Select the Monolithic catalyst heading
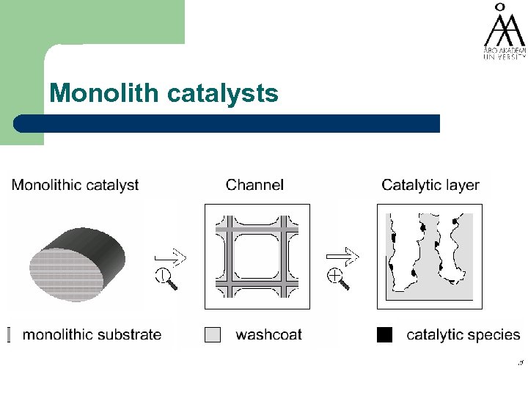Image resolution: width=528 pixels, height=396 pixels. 75,185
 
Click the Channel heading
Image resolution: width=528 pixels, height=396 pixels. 254,185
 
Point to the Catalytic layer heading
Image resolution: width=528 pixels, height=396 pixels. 430,185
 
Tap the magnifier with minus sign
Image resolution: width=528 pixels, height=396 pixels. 164,278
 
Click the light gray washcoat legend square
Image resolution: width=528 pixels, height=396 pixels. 212,334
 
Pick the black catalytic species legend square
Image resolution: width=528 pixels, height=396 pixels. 385,334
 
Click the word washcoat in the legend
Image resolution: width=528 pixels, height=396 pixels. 268,335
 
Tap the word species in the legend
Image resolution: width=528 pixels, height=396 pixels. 494,335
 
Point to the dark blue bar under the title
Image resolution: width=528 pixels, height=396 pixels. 227,123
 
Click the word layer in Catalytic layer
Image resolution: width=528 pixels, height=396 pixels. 461,185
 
